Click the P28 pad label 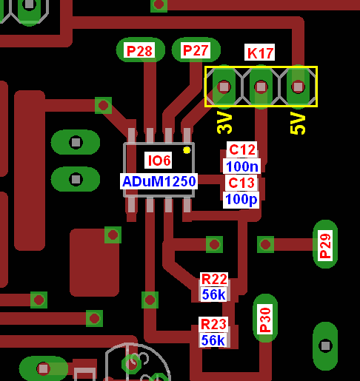pyautogui.click(x=139, y=51)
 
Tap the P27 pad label pyautogui.click(x=196, y=50)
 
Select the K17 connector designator pyautogui.click(x=259, y=53)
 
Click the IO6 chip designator pyautogui.click(x=159, y=161)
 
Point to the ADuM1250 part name pyautogui.click(x=159, y=181)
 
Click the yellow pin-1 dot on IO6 pyautogui.click(x=187, y=150)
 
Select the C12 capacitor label pyautogui.click(x=241, y=149)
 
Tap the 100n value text pyautogui.click(x=242, y=166)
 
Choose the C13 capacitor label pyautogui.click(x=241, y=183)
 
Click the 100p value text pyautogui.click(x=241, y=200)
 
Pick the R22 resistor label pyautogui.click(x=214, y=280)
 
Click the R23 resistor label pyautogui.click(x=213, y=324)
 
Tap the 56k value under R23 pyautogui.click(x=213, y=340)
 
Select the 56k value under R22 pyautogui.click(x=213, y=294)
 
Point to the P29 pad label pyautogui.click(x=325, y=246)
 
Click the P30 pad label pyautogui.click(x=265, y=319)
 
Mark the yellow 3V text pyautogui.click(x=224, y=123)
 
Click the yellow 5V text pyautogui.click(x=298, y=123)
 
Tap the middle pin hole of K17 pyautogui.click(x=261, y=87)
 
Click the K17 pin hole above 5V pyautogui.click(x=298, y=87)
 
